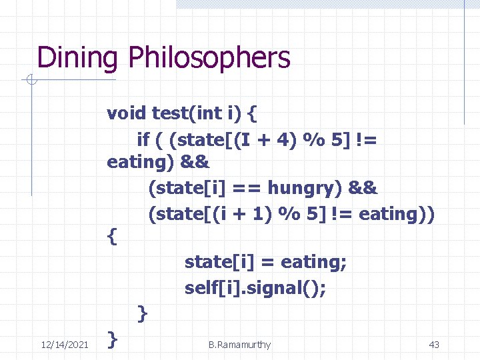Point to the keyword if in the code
pos(143,139)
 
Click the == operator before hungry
pos(235,189)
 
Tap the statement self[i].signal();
pos(256,289)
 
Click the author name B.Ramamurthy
pos(239,345)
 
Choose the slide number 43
pos(434,345)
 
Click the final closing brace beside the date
pos(113,340)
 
